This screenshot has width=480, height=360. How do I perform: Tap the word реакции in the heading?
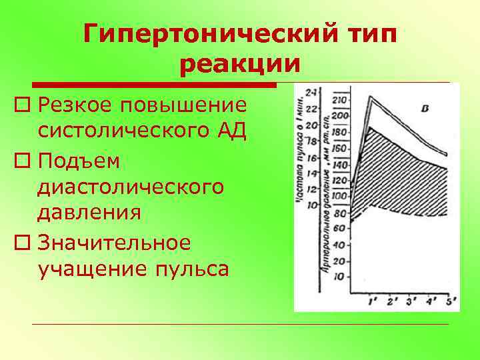[x=240, y=65]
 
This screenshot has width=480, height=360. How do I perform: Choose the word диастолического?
[x=131, y=187]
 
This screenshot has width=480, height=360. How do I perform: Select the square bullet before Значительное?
[x=25, y=243]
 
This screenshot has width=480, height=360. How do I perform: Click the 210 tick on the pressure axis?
[x=341, y=100]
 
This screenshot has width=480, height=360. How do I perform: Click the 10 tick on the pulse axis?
[x=311, y=205]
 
